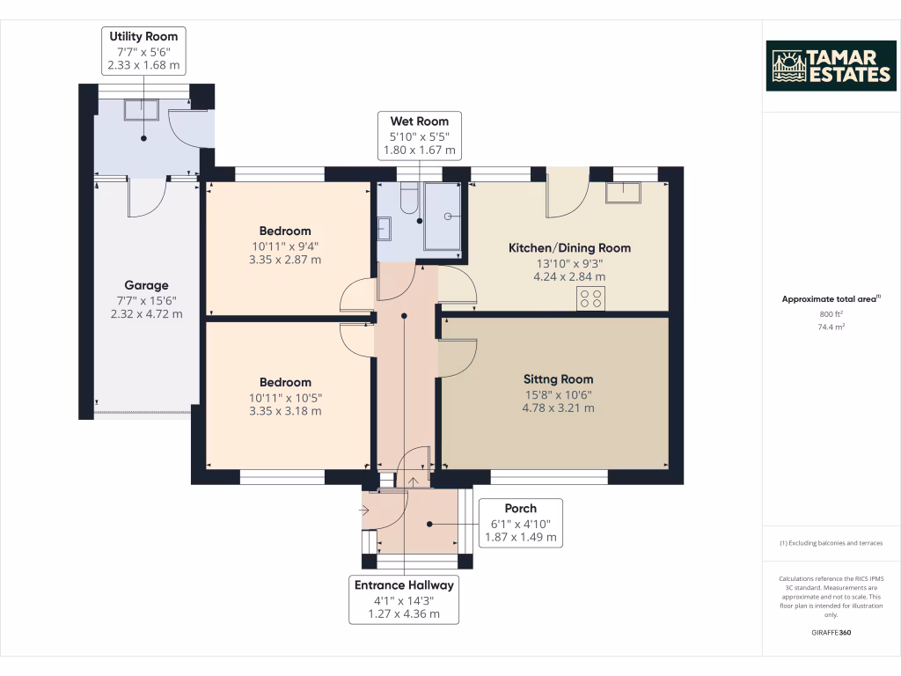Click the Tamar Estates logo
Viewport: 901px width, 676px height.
(831, 66)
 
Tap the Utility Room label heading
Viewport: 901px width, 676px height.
(143, 36)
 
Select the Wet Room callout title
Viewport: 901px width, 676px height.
(420, 121)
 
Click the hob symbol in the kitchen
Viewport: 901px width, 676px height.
(590, 298)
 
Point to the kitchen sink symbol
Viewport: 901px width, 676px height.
(624, 193)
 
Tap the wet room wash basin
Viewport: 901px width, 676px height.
(384, 228)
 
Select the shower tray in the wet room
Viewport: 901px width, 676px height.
(443, 217)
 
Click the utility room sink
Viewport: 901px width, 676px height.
(142, 109)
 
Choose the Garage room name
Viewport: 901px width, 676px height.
(147, 285)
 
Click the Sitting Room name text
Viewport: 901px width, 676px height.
(558, 379)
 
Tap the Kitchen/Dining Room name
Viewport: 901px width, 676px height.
(569, 247)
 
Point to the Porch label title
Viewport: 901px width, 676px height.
(521, 508)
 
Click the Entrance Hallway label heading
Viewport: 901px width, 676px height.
(404, 585)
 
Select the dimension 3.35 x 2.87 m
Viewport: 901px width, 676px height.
(285, 260)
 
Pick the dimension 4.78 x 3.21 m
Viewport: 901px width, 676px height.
(558, 408)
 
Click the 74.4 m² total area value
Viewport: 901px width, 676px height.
(831, 327)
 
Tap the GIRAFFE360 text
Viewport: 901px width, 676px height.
(831, 632)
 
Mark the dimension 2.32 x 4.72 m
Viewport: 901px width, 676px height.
(147, 314)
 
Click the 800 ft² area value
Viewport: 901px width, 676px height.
(831, 314)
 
